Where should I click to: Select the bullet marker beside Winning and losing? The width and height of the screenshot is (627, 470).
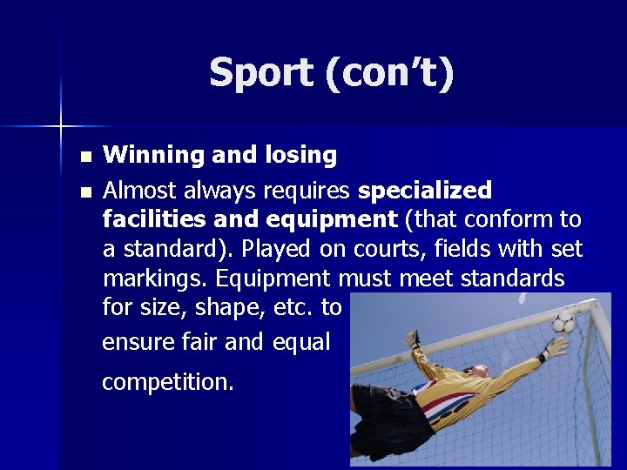[x=84, y=158]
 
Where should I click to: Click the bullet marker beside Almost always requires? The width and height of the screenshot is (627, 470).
[x=84, y=191]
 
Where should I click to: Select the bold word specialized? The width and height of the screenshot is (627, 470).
[x=425, y=191]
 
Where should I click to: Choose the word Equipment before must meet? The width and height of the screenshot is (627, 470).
[x=273, y=279]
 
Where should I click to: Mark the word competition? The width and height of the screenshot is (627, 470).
[x=168, y=382]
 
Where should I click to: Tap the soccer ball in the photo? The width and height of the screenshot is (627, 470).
[x=563, y=323]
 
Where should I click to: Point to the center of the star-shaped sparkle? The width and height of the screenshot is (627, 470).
[x=61, y=127]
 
